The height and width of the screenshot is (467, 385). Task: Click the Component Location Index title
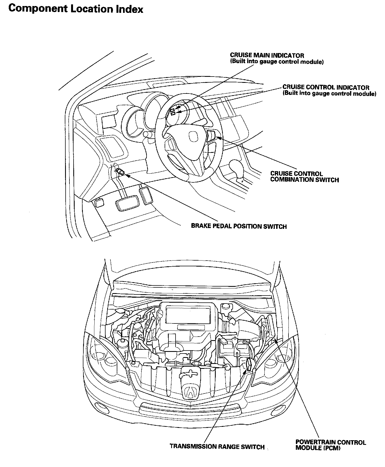click(x=76, y=9)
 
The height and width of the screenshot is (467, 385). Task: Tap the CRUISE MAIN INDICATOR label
click(x=267, y=56)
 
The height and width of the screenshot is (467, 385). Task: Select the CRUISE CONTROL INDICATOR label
click(x=326, y=87)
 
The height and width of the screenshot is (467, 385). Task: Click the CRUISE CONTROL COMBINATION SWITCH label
click(x=304, y=177)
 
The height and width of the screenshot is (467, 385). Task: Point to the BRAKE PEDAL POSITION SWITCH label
click(x=239, y=226)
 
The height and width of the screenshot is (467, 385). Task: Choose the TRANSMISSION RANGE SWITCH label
click(x=217, y=447)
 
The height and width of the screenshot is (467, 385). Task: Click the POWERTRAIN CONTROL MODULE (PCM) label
click(x=330, y=445)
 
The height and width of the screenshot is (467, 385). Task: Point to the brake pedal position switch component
click(x=121, y=172)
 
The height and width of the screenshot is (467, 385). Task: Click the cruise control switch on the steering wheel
click(x=211, y=135)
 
